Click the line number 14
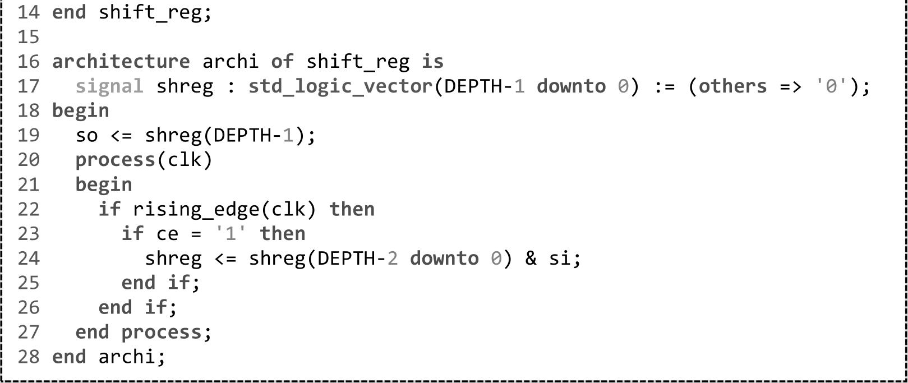28,12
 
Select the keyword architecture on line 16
121,62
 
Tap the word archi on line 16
230,62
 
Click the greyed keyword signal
109,86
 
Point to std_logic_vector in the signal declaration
341,86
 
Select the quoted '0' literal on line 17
831,86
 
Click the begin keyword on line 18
80,111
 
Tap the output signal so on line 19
86,136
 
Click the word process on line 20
115,160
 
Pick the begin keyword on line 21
104,185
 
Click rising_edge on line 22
196,210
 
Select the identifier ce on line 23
167,234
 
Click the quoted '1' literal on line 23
230,234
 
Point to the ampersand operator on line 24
531,259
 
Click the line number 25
28,283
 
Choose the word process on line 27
161,333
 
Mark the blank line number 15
28,37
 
